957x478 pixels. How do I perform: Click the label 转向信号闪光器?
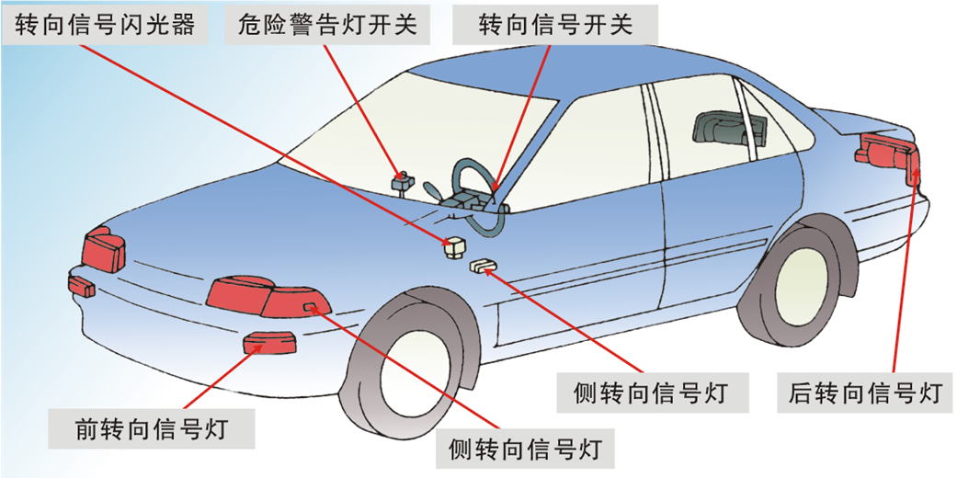tap(105, 24)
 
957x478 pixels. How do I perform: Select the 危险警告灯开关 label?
tap(327, 24)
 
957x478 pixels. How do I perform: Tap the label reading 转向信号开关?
tap(555, 24)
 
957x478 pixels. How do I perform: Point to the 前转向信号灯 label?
tap(152, 428)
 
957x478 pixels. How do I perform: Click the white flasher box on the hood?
tap(453, 246)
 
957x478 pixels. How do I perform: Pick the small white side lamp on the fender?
tap(484, 266)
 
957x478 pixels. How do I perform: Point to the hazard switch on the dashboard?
tap(402, 180)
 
